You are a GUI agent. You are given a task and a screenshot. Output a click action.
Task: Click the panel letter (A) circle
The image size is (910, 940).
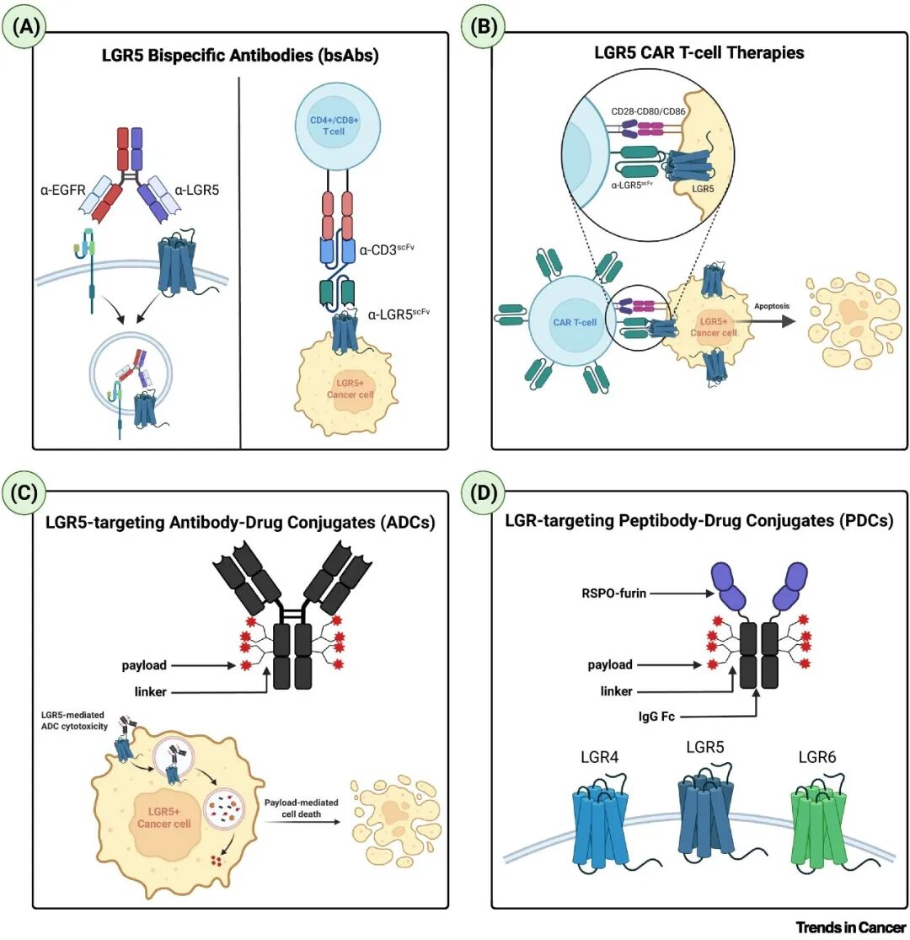click(24, 28)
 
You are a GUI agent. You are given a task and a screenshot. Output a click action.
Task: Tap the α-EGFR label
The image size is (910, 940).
click(62, 191)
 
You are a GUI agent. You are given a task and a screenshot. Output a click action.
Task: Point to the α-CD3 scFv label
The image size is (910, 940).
click(387, 250)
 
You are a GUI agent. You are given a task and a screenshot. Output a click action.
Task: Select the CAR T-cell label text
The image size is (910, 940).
click(575, 323)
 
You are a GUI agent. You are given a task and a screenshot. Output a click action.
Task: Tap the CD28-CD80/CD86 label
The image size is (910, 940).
click(648, 111)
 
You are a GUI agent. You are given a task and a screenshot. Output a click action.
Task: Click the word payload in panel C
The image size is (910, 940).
click(144, 665)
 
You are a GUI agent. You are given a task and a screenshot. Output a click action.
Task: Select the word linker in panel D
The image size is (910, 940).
click(617, 691)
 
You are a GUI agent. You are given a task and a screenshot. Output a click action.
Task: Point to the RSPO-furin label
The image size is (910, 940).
click(613, 594)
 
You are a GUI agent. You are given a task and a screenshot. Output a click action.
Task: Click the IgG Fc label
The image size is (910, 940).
click(656, 717)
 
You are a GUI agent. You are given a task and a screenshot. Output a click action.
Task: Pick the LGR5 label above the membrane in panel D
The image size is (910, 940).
click(705, 748)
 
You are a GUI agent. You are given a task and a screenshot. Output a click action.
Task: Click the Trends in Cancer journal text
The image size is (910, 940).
click(850, 927)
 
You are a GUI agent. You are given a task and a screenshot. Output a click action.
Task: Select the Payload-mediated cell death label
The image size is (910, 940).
click(302, 808)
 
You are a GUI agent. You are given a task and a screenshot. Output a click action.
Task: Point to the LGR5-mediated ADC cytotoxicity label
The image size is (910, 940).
click(74, 721)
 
